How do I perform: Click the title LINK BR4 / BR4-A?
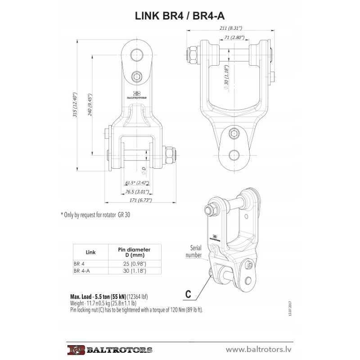180,16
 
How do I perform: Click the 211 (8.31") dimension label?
230,28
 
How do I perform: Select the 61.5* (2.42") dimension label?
137,183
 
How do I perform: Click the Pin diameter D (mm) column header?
134,252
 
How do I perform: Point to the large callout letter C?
189,295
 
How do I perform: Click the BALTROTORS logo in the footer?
110,350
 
